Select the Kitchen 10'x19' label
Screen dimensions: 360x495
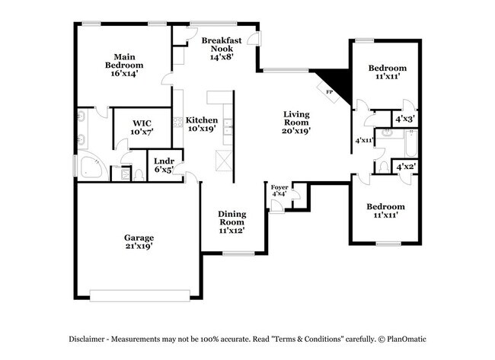(202, 124)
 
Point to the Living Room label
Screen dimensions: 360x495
(295, 122)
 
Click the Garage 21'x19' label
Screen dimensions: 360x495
(139, 242)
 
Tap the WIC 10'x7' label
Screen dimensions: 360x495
(142, 127)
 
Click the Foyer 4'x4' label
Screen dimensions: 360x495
(279, 190)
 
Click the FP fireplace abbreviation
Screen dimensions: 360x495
(330, 92)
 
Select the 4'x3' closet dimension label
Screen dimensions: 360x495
(404, 119)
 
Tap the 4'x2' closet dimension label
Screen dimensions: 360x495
(404, 166)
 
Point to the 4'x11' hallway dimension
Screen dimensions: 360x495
(365, 140)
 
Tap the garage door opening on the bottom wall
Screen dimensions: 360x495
(139, 294)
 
